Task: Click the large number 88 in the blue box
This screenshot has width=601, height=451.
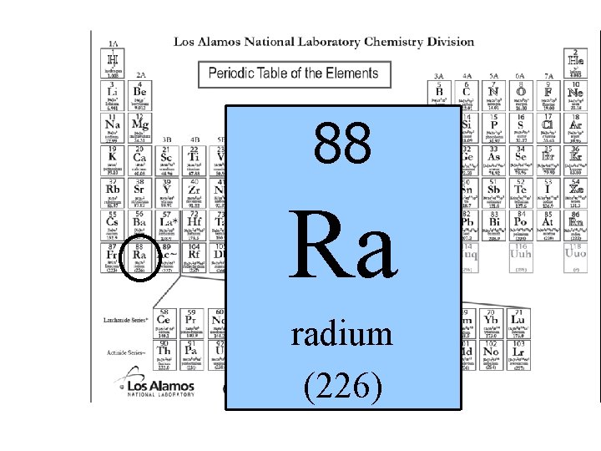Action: tap(342, 143)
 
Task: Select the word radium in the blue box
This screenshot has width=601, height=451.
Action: tap(342, 335)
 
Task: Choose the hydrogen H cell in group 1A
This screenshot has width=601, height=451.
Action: tap(113, 63)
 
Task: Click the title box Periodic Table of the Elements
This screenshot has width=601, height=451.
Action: tap(293, 73)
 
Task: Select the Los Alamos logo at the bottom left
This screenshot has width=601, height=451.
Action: tap(159, 388)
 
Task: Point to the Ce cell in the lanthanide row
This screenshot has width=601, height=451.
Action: tap(164, 322)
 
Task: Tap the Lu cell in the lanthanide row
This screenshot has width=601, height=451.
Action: tap(518, 322)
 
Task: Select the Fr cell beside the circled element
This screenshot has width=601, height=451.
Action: tap(113, 258)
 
